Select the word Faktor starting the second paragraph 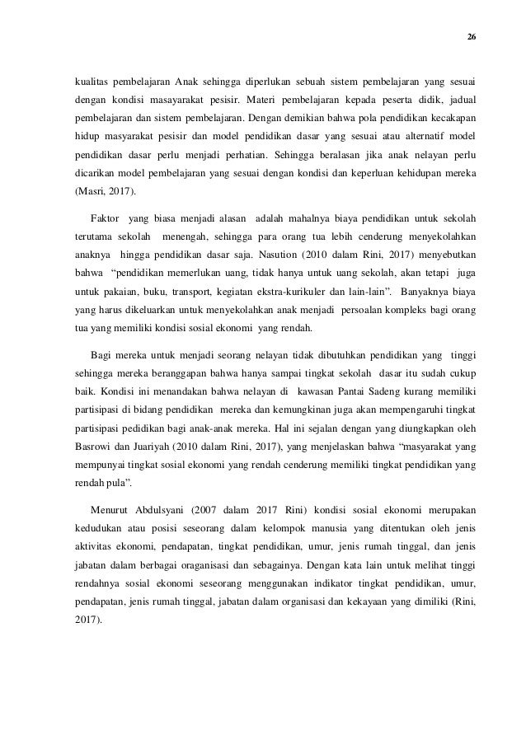click(103, 221)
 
